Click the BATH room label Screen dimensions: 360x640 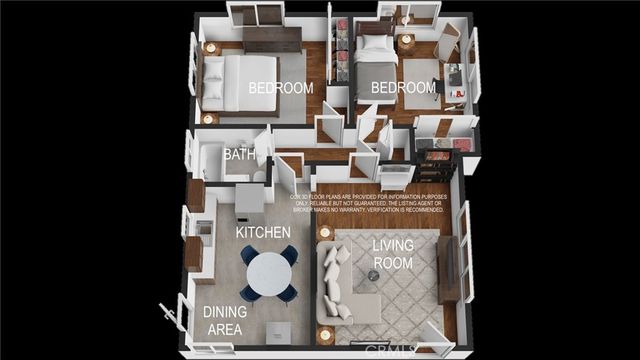pyautogui.click(x=238, y=155)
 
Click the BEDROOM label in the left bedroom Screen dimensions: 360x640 pyautogui.click(x=281, y=88)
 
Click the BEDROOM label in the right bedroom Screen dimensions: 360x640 pyautogui.click(x=404, y=88)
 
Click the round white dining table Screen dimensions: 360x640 pyautogui.click(x=268, y=272)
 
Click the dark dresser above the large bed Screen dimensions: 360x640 pyautogui.click(x=272, y=39)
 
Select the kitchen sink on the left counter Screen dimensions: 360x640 pyautogui.click(x=204, y=229)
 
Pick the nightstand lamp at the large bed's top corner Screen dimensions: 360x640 pyautogui.click(x=210, y=47)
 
